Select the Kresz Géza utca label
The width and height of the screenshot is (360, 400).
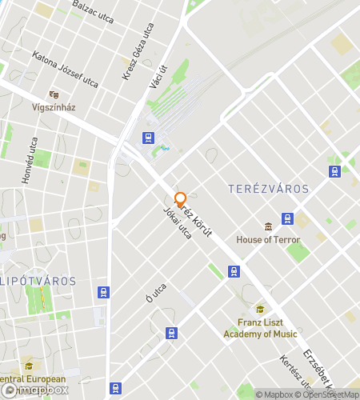pos(137,53)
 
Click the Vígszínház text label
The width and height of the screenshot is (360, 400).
pos(54,109)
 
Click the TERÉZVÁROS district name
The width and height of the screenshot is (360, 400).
pos(268,189)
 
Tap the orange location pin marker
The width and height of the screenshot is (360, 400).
pos(180,199)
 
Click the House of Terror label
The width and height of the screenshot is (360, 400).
pos(268,239)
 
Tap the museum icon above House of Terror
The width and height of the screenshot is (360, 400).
pos(268,226)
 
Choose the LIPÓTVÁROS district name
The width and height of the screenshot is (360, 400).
pos(39,281)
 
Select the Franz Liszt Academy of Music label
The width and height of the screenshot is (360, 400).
pos(260,328)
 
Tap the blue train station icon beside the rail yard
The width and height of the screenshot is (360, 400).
pos(148,138)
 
